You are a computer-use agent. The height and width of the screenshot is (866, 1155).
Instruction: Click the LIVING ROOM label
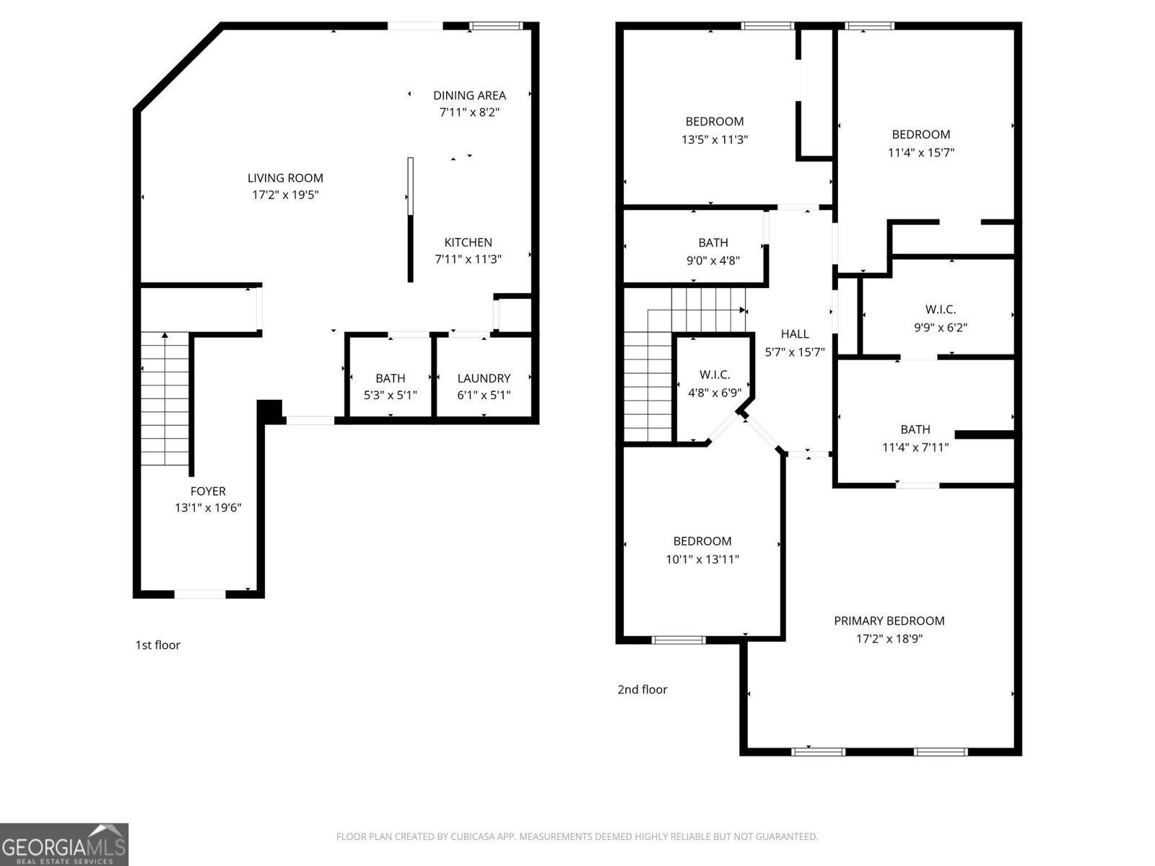click(285, 178)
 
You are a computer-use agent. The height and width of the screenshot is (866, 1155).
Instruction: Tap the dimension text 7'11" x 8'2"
click(469, 113)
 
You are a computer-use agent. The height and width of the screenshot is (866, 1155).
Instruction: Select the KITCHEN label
click(468, 242)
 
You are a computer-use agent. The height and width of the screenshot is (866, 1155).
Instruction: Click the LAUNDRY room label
click(484, 378)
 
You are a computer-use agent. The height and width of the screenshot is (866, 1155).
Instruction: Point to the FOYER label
click(208, 491)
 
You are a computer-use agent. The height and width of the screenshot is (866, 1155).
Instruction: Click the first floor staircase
click(165, 401)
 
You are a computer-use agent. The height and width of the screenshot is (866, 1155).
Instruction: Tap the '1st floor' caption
click(157, 645)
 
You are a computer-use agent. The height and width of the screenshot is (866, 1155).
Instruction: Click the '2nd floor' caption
click(642, 690)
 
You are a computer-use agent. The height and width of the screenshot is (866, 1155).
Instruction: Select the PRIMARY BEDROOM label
click(889, 621)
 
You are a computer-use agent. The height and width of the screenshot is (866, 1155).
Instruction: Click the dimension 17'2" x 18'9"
click(889, 639)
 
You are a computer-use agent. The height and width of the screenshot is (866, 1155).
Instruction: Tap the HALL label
click(794, 334)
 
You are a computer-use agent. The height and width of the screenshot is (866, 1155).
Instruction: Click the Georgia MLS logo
click(64, 844)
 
